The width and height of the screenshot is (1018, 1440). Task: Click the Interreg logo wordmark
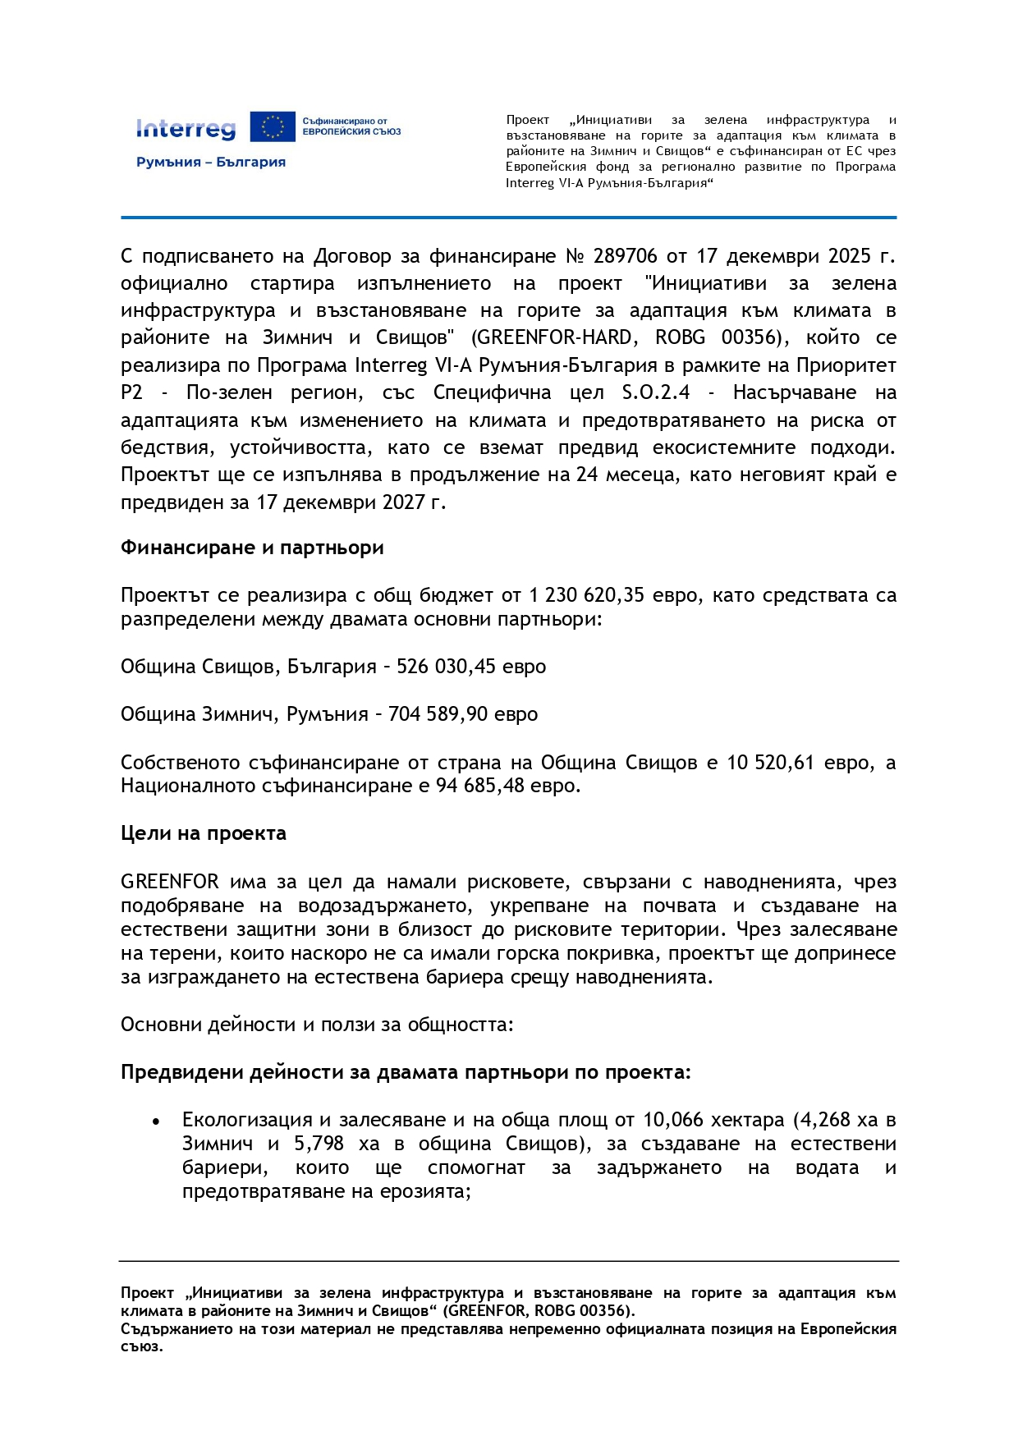[186, 128]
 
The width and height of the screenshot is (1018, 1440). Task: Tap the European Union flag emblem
[273, 127]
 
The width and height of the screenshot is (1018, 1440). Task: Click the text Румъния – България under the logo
[211, 163]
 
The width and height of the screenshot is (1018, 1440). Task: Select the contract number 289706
[625, 256]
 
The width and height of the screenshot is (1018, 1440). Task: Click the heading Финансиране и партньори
[252, 548]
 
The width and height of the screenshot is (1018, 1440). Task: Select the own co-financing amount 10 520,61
[770, 763]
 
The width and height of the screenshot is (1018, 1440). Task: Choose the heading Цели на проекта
[204, 833]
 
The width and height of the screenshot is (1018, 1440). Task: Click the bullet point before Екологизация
[156, 1121]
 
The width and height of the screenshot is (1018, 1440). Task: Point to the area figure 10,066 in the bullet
[672, 1120]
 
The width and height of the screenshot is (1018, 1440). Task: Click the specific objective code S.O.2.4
[656, 392]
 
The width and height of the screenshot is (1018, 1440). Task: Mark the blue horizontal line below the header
[508, 218]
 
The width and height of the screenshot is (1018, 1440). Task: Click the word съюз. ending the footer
[142, 1346]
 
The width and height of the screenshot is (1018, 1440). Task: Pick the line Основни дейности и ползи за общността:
[317, 1025]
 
